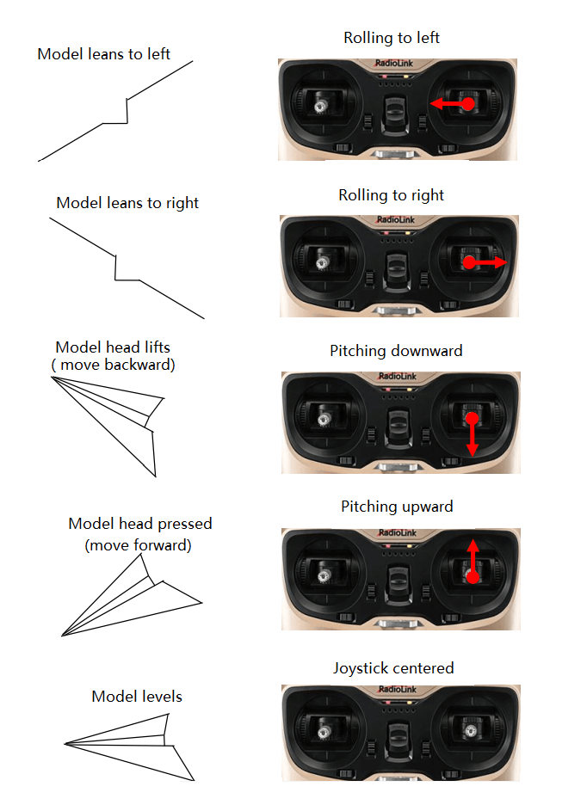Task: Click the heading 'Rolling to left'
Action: click(x=392, y=38)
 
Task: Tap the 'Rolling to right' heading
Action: click(x=392, y=195)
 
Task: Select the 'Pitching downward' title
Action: click(x=396, y=351)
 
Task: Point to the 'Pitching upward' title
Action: click(x=397, y=507)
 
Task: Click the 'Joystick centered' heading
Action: click(x=393, y=667)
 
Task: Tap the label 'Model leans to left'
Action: click(x=103, y=54)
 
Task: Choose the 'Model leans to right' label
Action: click(x=127, y=203)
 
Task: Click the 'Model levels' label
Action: click(x=137, y=696)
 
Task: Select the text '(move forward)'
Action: click(x=138, y=545)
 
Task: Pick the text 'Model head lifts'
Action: click(x=113, y=347)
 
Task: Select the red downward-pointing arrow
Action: click(x=472, y=434)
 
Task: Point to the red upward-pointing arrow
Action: click(x=473, y=562)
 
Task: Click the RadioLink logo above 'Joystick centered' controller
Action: click(x=397, y=690)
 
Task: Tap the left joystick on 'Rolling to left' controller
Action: click(x=320, y=106)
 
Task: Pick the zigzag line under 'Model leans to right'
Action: click(x=127, y=268)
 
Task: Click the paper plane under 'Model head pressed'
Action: click(x=132, y=595)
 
